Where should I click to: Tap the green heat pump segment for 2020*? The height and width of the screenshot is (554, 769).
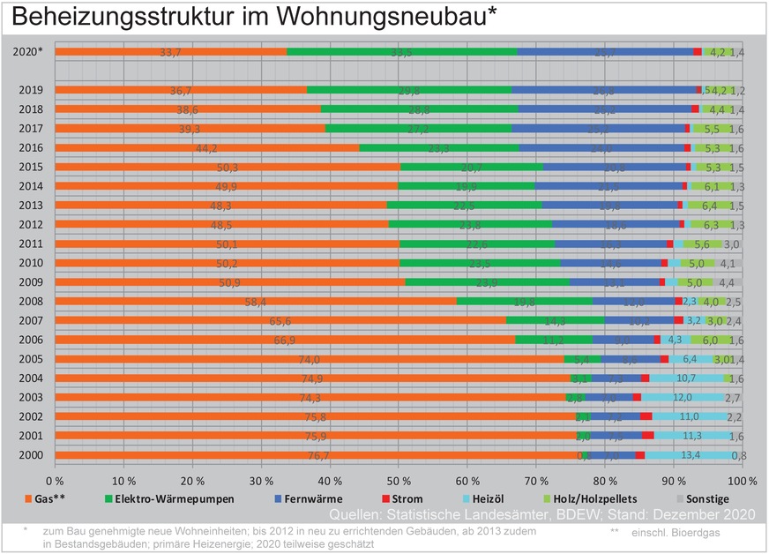[402, 52]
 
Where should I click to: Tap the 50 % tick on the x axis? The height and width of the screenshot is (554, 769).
[397, 481]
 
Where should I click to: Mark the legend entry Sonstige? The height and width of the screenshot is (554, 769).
[710, 499]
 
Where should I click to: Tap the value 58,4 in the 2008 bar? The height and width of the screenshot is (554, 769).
[256, 301]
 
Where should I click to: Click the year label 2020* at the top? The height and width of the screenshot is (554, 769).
[29, 52]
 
